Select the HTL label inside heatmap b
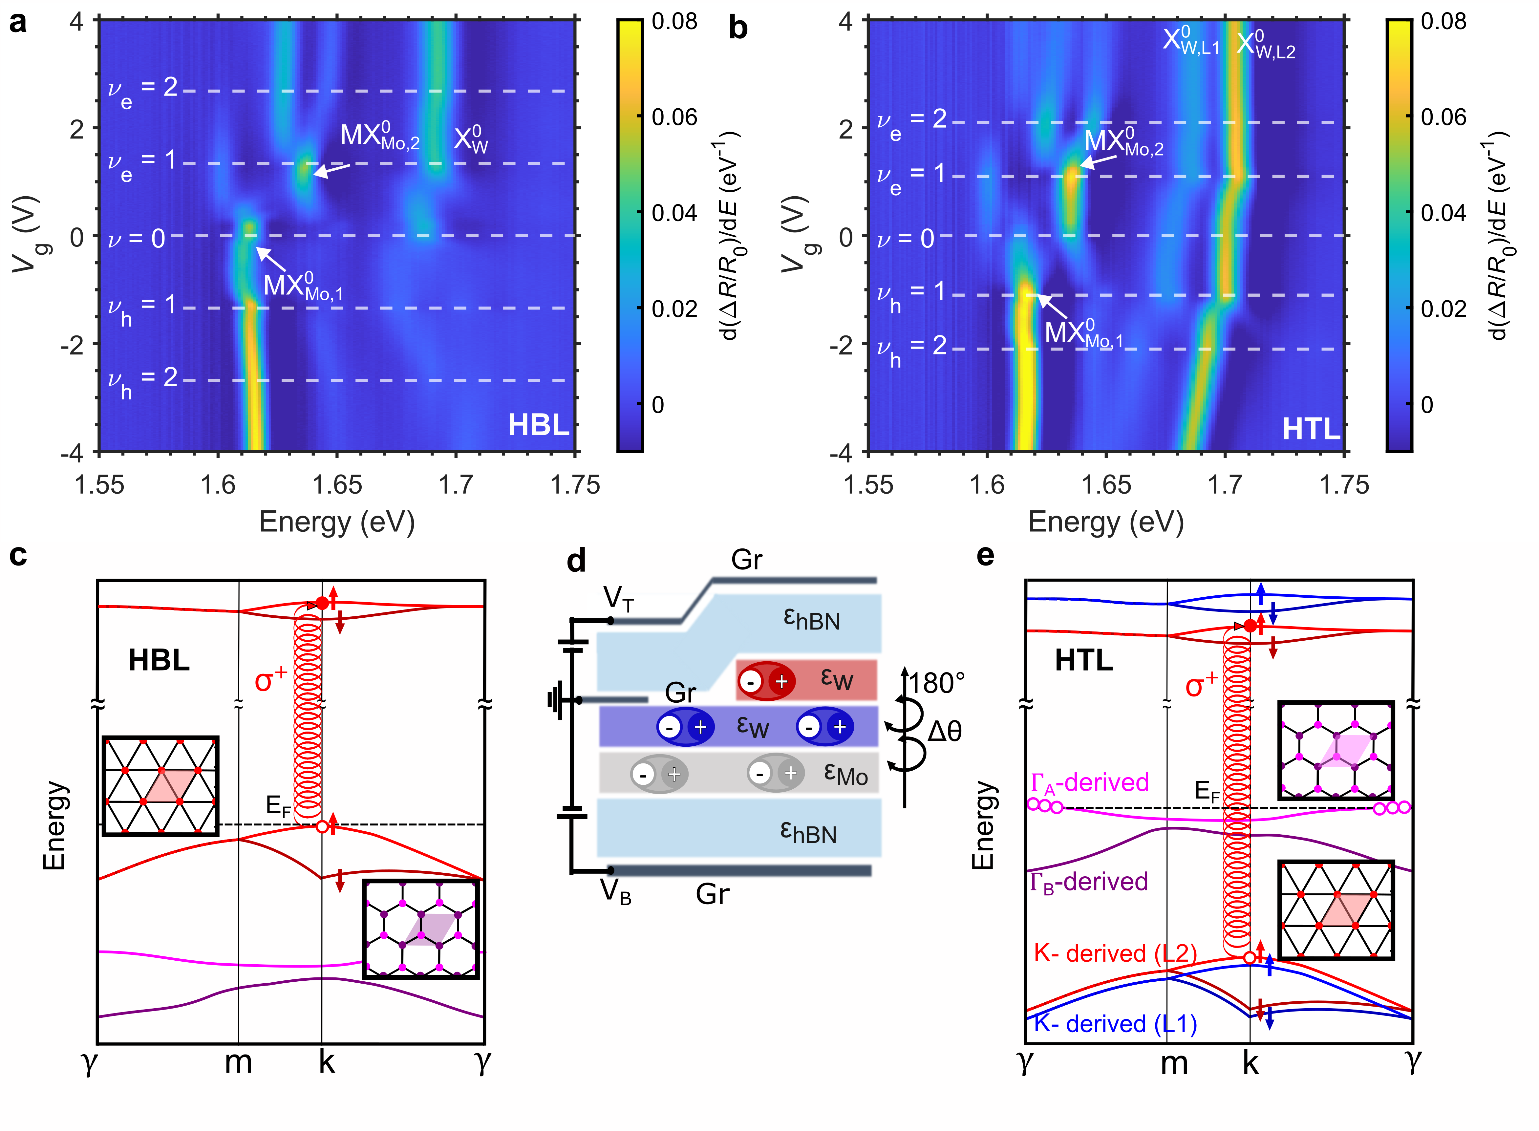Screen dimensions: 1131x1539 click(x=1310, y=429)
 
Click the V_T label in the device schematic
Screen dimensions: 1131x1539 click(x=618, y=598)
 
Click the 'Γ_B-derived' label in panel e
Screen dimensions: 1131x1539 click(x=1089, y=882)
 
